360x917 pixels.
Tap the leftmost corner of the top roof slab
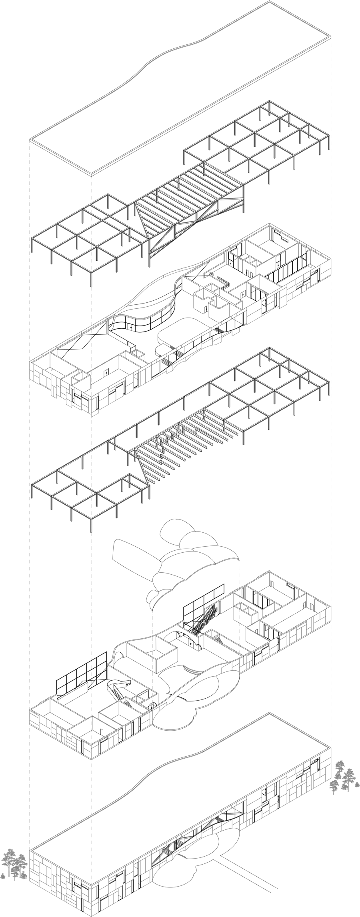click(x=30, y=140)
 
